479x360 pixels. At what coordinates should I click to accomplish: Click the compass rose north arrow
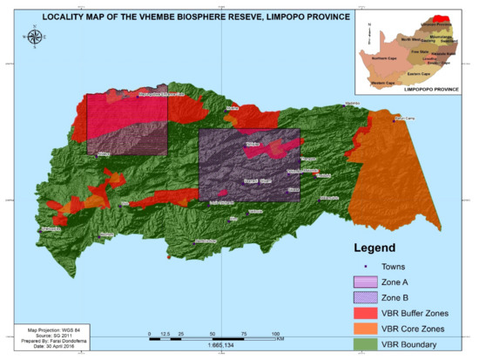[35, 37]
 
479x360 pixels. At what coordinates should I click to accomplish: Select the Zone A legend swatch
[368, 282]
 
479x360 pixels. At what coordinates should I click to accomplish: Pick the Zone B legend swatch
[368, 298]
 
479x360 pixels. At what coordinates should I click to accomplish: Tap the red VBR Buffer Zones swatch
[368, 314]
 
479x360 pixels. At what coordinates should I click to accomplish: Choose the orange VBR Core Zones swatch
[368, 329]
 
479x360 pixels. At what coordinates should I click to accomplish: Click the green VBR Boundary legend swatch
[368, 344]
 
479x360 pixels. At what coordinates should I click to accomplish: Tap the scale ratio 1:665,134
[213, 345]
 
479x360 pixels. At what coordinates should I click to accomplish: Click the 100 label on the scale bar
[277, 334]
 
